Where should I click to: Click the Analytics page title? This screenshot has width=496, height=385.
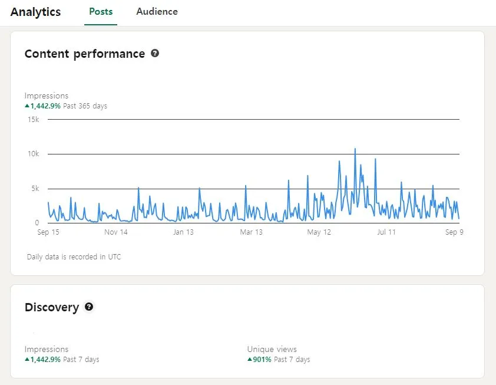tap(35, 12)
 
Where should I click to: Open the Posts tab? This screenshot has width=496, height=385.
tap(101, 11)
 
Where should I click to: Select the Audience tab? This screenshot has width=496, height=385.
tap(157, 11)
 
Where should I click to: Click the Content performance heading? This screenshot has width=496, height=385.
tap(85, 54)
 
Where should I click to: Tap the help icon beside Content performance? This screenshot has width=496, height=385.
tap(155, 53)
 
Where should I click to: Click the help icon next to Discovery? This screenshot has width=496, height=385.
tap(89, 307)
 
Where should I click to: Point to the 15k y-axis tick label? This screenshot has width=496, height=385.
tap(32, 120)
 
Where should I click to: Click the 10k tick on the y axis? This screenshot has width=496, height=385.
tap(32, 154)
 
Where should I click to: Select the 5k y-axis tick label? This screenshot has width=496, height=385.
tap(34, 189)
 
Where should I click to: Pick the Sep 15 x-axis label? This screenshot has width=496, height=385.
tap(48, 232)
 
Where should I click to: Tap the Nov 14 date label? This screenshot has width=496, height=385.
tap(116, 232)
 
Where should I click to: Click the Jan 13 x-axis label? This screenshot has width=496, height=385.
tap(183, 232)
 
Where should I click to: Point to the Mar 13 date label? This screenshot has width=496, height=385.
tap(251, 232)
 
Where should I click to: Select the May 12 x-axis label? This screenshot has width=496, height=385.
tap(319, 232)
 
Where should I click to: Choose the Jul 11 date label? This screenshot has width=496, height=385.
tap(386, 232)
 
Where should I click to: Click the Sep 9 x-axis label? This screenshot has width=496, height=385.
tap(454, 232)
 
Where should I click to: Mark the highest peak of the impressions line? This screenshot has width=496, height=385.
tap(355, 149)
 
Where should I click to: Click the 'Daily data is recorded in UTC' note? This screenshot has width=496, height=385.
tap(74, 257)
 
